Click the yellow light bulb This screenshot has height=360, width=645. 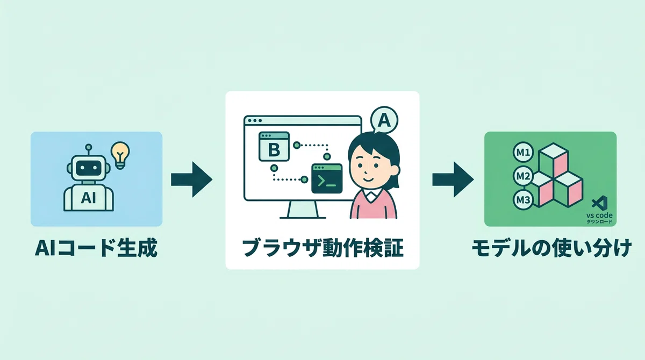coord(120,155)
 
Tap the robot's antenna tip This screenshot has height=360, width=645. coord(89,147)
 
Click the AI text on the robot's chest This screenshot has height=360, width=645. coord(88,198)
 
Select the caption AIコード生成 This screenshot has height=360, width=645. coord(96,248)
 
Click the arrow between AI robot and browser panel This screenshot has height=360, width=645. coord(191,179)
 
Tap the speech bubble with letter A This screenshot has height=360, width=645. coord(384,120)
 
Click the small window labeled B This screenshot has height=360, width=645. coord(274,147)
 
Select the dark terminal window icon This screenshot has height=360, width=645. coord(327,178)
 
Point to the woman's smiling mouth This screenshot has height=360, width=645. coord(369,179)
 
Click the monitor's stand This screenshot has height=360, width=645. coord(303,210)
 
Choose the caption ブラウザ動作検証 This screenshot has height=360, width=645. coord(322,248)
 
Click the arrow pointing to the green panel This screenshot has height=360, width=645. coord(453,179)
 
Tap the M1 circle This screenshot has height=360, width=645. coord(523,152)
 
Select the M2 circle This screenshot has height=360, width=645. coord(523,176)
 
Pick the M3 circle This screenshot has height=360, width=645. coord(523,199)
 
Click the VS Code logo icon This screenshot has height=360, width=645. coord(600,203)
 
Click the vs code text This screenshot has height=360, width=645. coord(599,215)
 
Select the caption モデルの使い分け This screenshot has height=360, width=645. coord(551,248)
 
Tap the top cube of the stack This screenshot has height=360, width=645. coord(553,160)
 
